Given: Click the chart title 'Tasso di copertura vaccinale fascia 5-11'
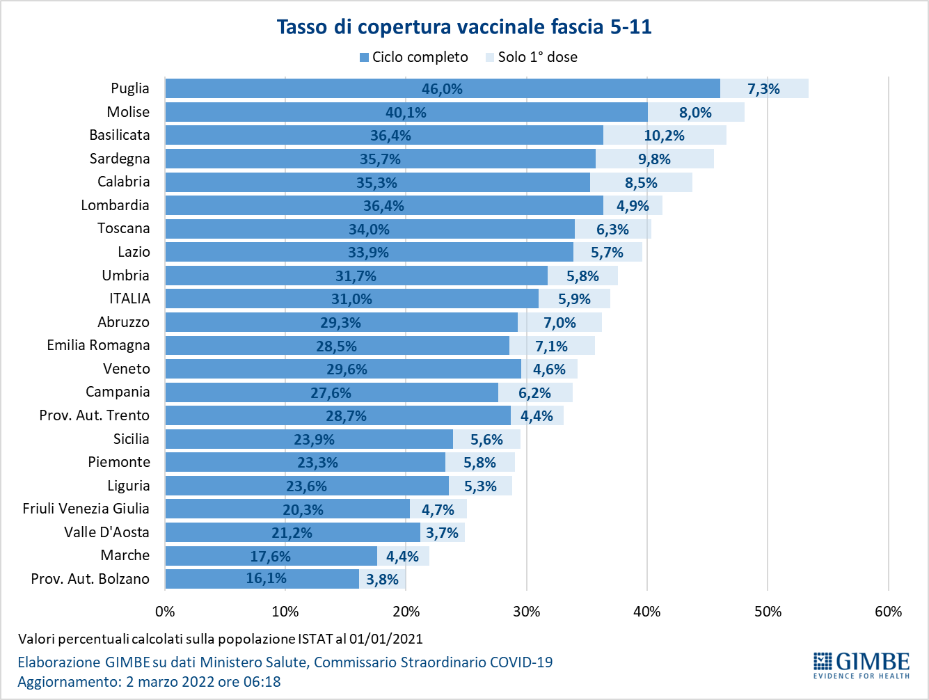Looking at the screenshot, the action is point(464,27).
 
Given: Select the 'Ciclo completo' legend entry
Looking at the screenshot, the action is point(414,57).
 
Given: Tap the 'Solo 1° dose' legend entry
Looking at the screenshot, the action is point(532,57).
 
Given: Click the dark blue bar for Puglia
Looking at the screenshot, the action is point(443,88).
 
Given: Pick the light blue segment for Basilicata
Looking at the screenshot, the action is point(665,136).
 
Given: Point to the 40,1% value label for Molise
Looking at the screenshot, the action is point(406,113).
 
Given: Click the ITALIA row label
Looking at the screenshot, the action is point(129,299).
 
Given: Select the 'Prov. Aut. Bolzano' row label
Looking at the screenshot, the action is point(90,578).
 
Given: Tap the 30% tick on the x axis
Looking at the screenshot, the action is point(527,612).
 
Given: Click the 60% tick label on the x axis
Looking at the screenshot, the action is point(889,612).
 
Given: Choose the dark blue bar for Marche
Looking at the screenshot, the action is point(271,556).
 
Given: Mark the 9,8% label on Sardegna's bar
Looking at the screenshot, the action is point(654,159).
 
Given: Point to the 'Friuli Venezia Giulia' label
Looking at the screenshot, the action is point(86,509).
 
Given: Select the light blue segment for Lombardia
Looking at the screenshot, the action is point(633,205).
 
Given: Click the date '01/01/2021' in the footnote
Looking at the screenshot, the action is point(386,639).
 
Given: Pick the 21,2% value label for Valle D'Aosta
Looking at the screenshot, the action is point(292,533).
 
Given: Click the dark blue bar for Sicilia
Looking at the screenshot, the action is point(309,439).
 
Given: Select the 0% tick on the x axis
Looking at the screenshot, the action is point(165,612).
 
